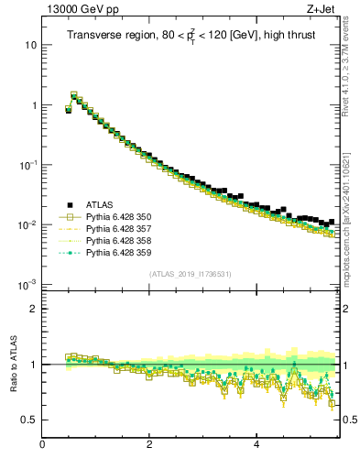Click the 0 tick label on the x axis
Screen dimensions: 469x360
point(42,445)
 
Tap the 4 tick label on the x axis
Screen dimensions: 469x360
point(256,445)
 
